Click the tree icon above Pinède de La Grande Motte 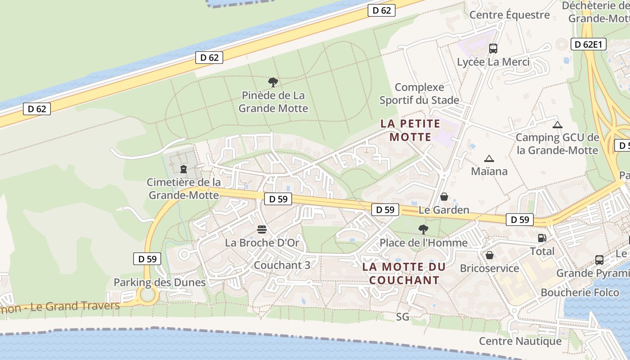click(273, 82)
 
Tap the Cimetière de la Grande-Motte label click(184, 189)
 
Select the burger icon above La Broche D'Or click(262, 230)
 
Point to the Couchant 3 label click(282, 265)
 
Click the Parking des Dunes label click(159, 283)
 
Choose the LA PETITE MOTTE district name click(410, 130)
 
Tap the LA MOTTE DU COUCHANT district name click(404, 273)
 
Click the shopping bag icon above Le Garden click(444, 197)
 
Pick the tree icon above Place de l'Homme click(423, 229)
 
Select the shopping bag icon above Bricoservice click(490, 255)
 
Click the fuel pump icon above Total click(542, 238)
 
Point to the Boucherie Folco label click(580, 292)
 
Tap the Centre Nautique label click(520, 341)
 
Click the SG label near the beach click(403, 317)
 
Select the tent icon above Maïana click(489, 158)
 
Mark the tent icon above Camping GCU click(558, 125)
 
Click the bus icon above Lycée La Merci click(493, 48)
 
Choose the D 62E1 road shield click(589, 44)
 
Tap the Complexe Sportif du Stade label click(419, 94)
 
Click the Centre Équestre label click(509, 15)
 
